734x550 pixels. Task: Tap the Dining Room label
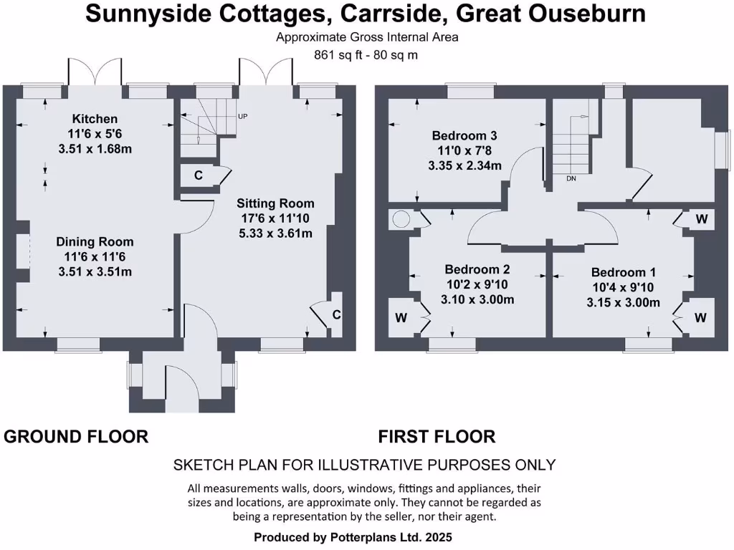click(95, 242)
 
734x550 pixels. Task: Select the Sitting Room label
click(275, 204)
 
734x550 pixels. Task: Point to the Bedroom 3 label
click(464, 135)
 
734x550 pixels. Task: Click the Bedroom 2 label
click(477, 270)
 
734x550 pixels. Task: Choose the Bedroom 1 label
click(624, 273)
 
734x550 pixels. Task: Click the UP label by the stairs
click(243, 115)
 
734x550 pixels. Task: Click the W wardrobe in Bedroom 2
click(401, 317)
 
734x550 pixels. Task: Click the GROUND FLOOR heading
click(76, 436)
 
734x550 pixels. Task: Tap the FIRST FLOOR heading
click(437, 436)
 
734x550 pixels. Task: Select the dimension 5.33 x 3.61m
click(275, 233)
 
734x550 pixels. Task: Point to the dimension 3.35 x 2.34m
click(464, 165)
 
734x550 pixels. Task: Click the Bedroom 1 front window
click(643, 345)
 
